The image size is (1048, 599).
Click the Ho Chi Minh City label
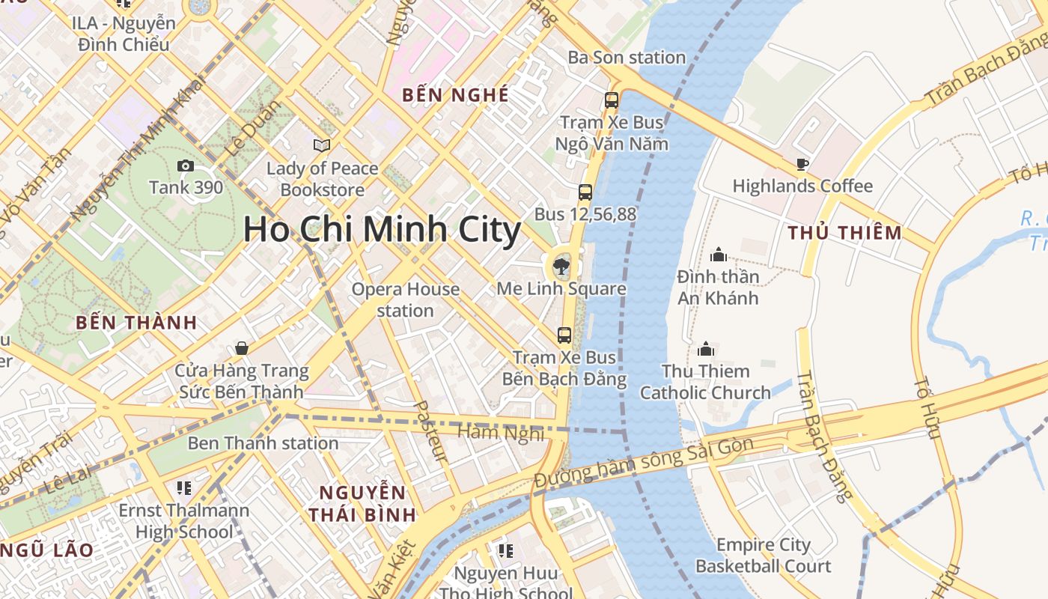pos(382,229)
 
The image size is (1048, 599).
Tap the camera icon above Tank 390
pos(185,165)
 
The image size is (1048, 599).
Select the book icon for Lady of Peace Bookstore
pos(322,145)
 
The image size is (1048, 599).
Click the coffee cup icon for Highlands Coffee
pos(802,164)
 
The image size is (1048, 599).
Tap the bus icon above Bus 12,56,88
pos(585,192)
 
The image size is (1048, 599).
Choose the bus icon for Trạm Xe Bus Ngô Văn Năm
pos(612,100)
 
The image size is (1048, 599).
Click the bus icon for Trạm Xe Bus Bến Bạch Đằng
pos(564,335)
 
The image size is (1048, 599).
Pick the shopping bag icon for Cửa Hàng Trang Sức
pos(241,348)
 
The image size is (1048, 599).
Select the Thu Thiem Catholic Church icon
pos(705,349)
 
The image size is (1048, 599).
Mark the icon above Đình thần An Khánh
pos(719,255)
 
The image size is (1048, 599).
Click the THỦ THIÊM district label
pos(844,233)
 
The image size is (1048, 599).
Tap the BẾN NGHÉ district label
pos(455,95)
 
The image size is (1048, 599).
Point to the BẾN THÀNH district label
pos(136,323)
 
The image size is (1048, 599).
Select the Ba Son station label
pos(627,58)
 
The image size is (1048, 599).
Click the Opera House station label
pos(405,299)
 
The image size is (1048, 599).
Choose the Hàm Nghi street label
pos(500,432)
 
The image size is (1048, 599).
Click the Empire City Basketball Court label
pos(763,555)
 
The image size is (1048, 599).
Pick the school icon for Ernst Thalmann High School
pos(184,488)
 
